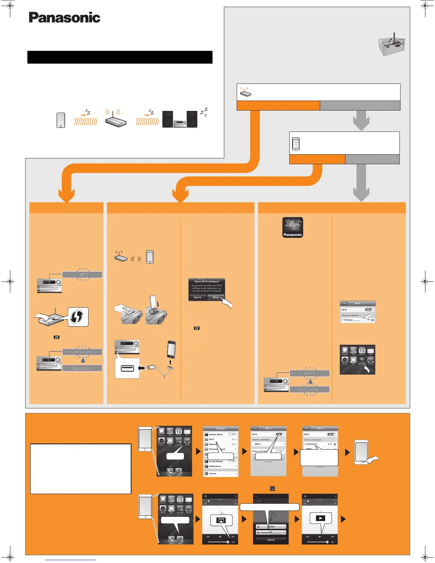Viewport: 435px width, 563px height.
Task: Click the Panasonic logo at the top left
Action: pos(64,17)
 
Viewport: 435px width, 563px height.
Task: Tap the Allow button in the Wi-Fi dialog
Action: pos(216,297)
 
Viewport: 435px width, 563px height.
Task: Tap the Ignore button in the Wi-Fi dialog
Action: pos(198,297)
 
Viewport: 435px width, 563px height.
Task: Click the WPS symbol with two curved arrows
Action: pos(77,317)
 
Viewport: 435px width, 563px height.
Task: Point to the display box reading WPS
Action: pos(82,275)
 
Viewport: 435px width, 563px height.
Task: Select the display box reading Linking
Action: pos(82,352)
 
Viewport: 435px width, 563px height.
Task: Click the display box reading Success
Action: pos(82,368)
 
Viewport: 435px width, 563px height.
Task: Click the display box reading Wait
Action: pos(310,373)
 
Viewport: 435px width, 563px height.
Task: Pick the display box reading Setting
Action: pos(310,390)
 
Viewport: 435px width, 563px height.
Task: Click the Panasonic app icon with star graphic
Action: pos(292,227)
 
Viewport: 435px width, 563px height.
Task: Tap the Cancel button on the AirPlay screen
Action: pos(271,540)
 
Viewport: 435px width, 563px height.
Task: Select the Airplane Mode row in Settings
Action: pos(220,434)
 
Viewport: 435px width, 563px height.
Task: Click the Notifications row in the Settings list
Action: pos(220,466)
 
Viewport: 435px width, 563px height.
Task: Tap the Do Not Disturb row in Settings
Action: pos(220,461)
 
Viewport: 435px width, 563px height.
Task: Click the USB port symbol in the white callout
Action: pos(127,368)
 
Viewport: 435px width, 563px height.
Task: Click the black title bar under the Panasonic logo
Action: pos(120,57)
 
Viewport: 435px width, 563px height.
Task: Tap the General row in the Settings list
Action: pos(220,473)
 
